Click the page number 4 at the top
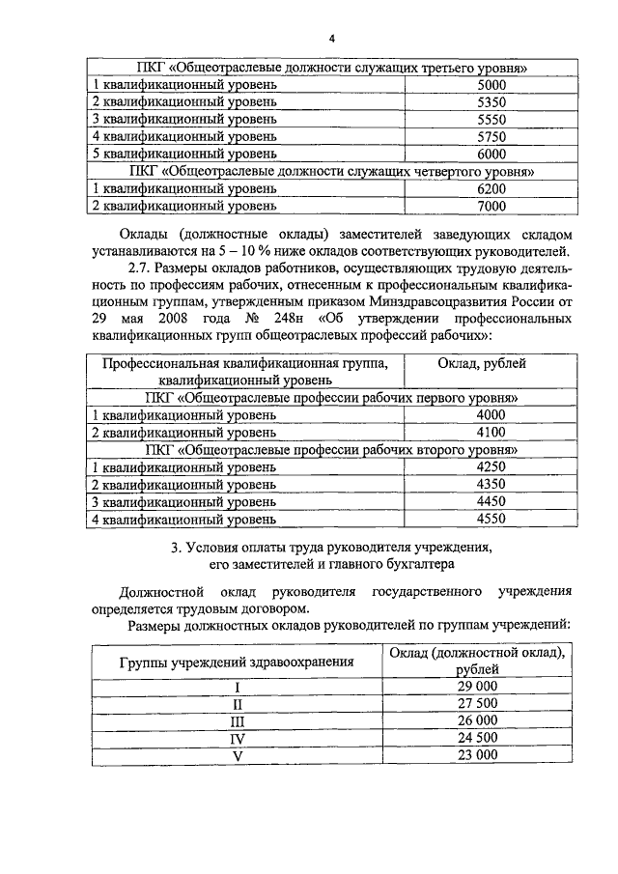(330, 39)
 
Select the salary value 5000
(491, 86)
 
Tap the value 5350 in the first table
(491, 102)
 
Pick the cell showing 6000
(491, 154)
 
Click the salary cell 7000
(491, 206)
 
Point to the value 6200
(491, 188)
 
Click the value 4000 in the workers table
(491, 415)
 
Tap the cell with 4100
(491, 432)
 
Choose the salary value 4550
(491, 519)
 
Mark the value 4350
(491, 484)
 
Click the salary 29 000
(477, 686)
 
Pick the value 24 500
(477, 738)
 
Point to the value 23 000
(477, 755)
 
